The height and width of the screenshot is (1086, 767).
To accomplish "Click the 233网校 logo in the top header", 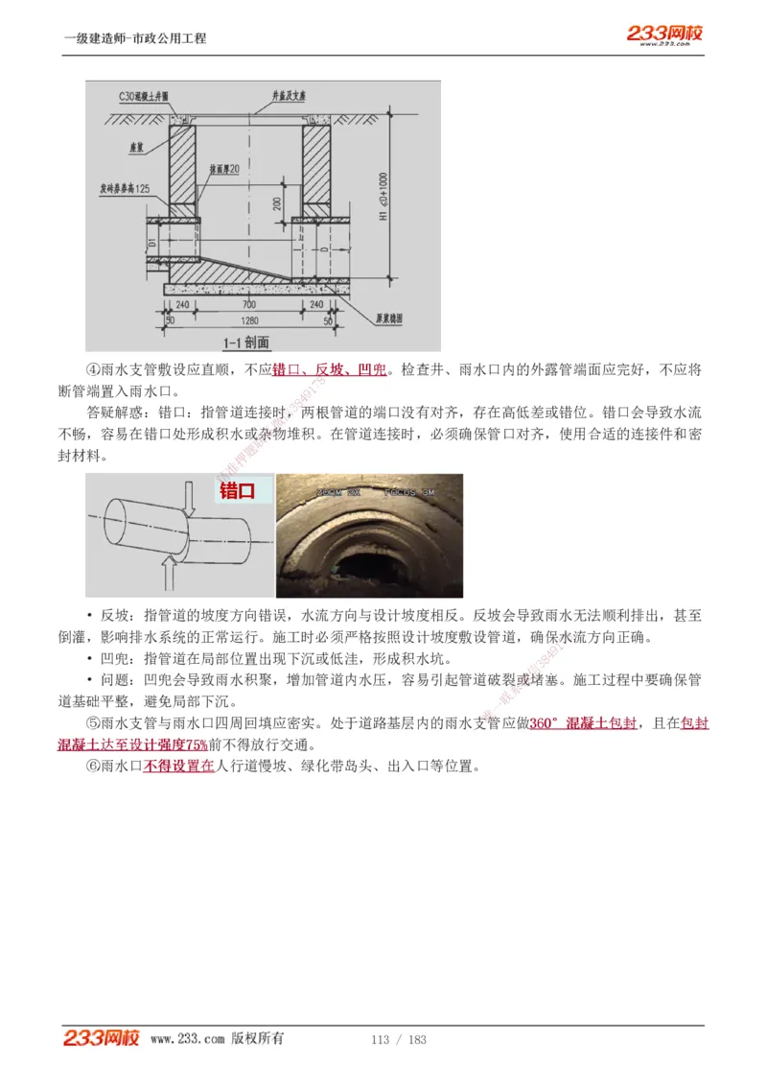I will [x=665, y=35].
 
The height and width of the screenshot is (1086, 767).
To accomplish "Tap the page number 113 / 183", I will [x=398, y=1040].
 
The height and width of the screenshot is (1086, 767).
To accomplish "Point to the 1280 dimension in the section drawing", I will [x=249, y=319].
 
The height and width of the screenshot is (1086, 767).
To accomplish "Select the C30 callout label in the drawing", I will [x=144, y=97].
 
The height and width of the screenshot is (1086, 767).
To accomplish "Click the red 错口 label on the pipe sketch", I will [x=237, y=491].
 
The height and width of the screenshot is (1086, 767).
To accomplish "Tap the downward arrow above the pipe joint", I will [x=190, y=496].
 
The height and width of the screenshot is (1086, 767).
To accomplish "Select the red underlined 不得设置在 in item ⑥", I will [x=179, y=767].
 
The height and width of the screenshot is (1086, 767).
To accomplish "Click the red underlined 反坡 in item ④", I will [x=329, y=370].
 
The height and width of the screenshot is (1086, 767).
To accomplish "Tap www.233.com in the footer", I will [x=188, y=1039].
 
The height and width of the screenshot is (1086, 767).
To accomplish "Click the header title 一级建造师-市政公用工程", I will [x=135, y=38].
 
